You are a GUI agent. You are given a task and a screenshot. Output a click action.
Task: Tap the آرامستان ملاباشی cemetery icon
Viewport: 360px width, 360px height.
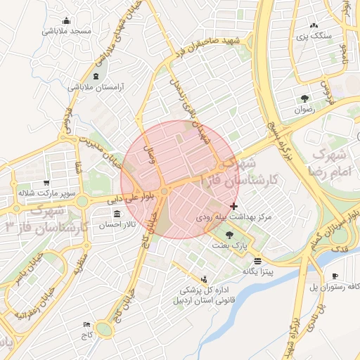pos(96,75)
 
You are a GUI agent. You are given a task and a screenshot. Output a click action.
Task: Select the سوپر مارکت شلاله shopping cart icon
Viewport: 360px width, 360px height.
pos(47,183)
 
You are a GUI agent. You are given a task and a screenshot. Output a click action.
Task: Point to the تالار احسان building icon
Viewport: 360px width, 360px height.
pos(116,214)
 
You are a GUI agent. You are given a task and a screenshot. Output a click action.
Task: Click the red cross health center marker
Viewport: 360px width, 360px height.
pos(233,207)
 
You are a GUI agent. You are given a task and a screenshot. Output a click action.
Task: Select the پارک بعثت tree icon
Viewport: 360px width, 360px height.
pos(230,235)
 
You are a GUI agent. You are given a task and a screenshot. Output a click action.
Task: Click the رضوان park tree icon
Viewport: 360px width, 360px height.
pos(304,98)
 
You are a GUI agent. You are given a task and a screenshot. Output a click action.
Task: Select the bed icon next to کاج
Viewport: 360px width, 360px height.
pos(86,324)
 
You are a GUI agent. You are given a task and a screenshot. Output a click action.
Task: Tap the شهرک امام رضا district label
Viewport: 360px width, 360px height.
pos(328,161)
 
